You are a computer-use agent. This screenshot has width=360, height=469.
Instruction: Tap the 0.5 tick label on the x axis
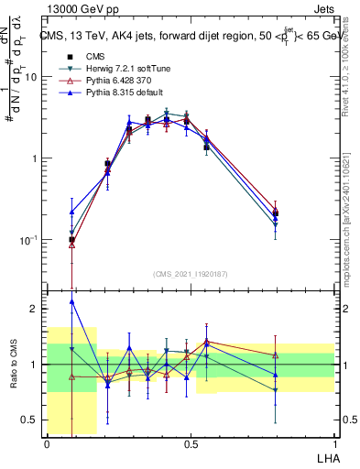(x=191, y=443)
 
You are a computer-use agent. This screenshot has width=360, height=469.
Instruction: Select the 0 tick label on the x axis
(x=47, y=443)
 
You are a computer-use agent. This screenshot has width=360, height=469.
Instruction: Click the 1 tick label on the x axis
(x=334, y=443)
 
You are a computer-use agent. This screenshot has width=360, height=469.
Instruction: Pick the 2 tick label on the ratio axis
(x=34, y=310)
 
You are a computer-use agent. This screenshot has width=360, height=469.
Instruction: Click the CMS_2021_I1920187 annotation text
(x=191, y=273)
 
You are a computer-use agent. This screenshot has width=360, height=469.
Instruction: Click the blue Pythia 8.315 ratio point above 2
(x=71, y=301)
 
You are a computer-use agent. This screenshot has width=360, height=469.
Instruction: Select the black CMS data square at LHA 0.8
(x=276, y=213)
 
